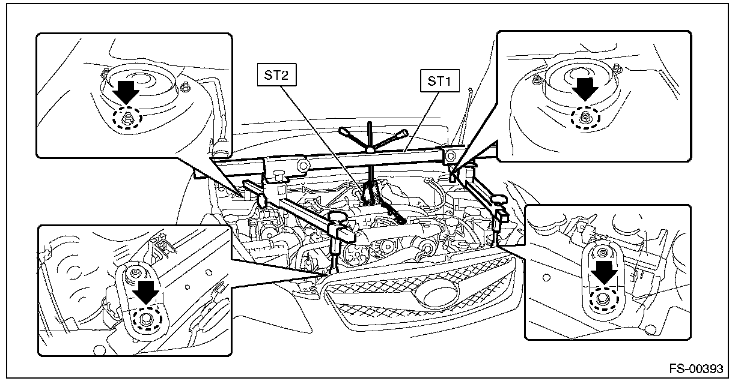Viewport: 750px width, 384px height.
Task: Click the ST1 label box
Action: [x=440, y=80]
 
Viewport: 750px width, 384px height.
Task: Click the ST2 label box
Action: [x=276, y=75]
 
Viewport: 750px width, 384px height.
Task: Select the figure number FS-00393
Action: [x=696, y=369]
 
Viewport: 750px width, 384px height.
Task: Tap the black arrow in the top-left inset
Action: [x=126, y=92]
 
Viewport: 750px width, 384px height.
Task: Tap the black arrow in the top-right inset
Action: [x=585, y=89]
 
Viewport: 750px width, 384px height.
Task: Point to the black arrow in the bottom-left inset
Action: [x=145, y=292]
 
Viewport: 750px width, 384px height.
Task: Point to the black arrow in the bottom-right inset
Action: [x=604, y=273]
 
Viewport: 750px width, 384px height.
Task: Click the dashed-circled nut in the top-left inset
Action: [x=127, y=118]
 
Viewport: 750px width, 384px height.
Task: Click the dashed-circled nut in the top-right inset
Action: [x=585, y=118]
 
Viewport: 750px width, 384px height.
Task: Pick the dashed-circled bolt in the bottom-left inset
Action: [x=147, y=319]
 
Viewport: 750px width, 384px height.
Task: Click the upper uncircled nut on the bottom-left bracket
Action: [x=135, y=273]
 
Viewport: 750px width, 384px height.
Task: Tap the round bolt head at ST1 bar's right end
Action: [x=451, y=156]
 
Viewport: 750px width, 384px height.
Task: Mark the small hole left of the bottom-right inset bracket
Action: [x=546, y=277]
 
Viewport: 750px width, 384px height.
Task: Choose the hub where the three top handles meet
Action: [x=370, y=149]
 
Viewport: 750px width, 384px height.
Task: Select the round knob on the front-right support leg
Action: [x=499, y=200]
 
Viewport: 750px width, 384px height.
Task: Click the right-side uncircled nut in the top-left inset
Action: [x=184, y=88]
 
